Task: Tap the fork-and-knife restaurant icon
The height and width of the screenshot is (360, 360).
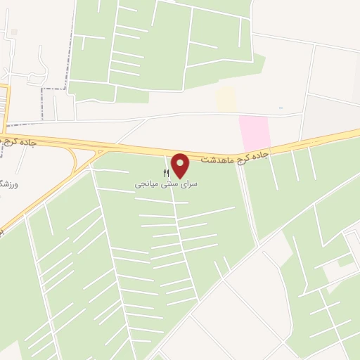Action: pos(167,172)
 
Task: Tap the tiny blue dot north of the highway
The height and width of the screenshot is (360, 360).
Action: pos(281,108)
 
